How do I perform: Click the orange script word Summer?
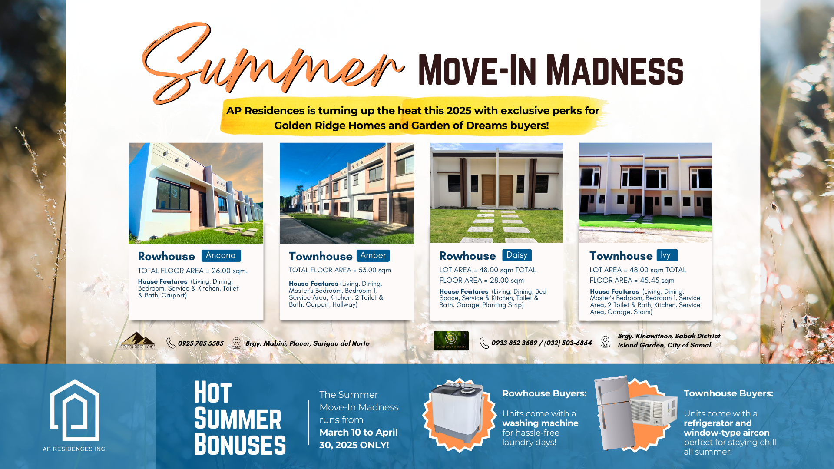269,65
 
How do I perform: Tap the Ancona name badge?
221,255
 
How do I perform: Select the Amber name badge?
373,255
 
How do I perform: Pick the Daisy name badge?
516,255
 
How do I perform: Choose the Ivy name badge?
666,255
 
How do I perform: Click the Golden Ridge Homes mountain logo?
138,341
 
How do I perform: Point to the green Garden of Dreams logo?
451,340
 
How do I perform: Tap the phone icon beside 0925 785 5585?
171,343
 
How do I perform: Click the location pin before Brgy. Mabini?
236,343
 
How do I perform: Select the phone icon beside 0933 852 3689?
484,343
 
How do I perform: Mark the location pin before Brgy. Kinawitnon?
605,342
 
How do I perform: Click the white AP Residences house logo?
75,410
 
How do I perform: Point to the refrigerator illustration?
613,413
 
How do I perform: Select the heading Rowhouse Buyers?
544,393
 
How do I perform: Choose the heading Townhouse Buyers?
728,393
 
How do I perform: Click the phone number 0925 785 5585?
201,343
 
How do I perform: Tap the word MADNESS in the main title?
615,70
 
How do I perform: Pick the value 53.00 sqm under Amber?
374,270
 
